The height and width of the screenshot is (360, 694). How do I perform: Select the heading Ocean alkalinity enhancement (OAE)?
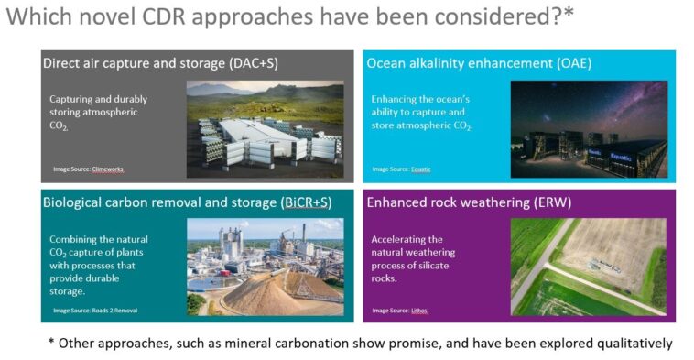[479, 64]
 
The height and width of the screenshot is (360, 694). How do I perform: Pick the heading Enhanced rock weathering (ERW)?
[468, 202]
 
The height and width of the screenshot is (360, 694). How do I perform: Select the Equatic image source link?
[420, 169]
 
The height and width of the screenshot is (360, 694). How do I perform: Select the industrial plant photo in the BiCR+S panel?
[265, 267]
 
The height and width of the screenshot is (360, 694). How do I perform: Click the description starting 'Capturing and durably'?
[99, 113]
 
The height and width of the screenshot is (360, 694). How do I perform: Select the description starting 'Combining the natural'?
[101, 265]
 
